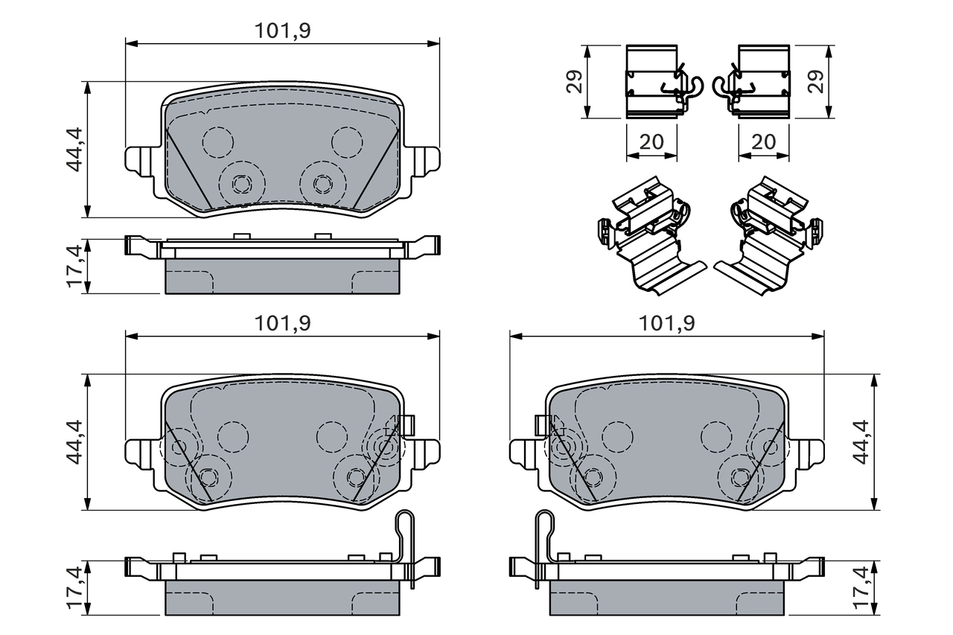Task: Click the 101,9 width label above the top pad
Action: tap(282, 31)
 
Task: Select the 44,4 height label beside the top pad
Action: tap(74, 150)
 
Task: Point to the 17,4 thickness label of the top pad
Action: tap(74, 265)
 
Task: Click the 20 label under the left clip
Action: tap(652, 142)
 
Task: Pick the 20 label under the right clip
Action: tap(764, 142)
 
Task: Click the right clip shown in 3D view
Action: tap(767, 238)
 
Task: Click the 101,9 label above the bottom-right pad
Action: tap(666, 323)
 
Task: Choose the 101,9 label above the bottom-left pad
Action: tap(282, 323)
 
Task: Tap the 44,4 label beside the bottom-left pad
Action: tap(74, 442)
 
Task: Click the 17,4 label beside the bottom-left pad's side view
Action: tap(74, 587)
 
